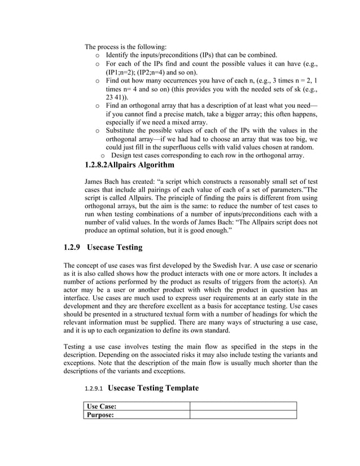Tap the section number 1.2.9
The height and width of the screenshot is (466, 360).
(x=74, y=248)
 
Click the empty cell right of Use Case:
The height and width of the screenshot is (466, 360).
(x=243, y=406)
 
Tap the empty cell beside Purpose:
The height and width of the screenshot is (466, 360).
(x=243, y=415)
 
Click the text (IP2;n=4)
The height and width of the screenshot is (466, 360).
(x=164, y=73)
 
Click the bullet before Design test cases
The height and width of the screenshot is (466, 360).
(x=102, y=156)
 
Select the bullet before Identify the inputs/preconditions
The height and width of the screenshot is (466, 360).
(x=98, y=55)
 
